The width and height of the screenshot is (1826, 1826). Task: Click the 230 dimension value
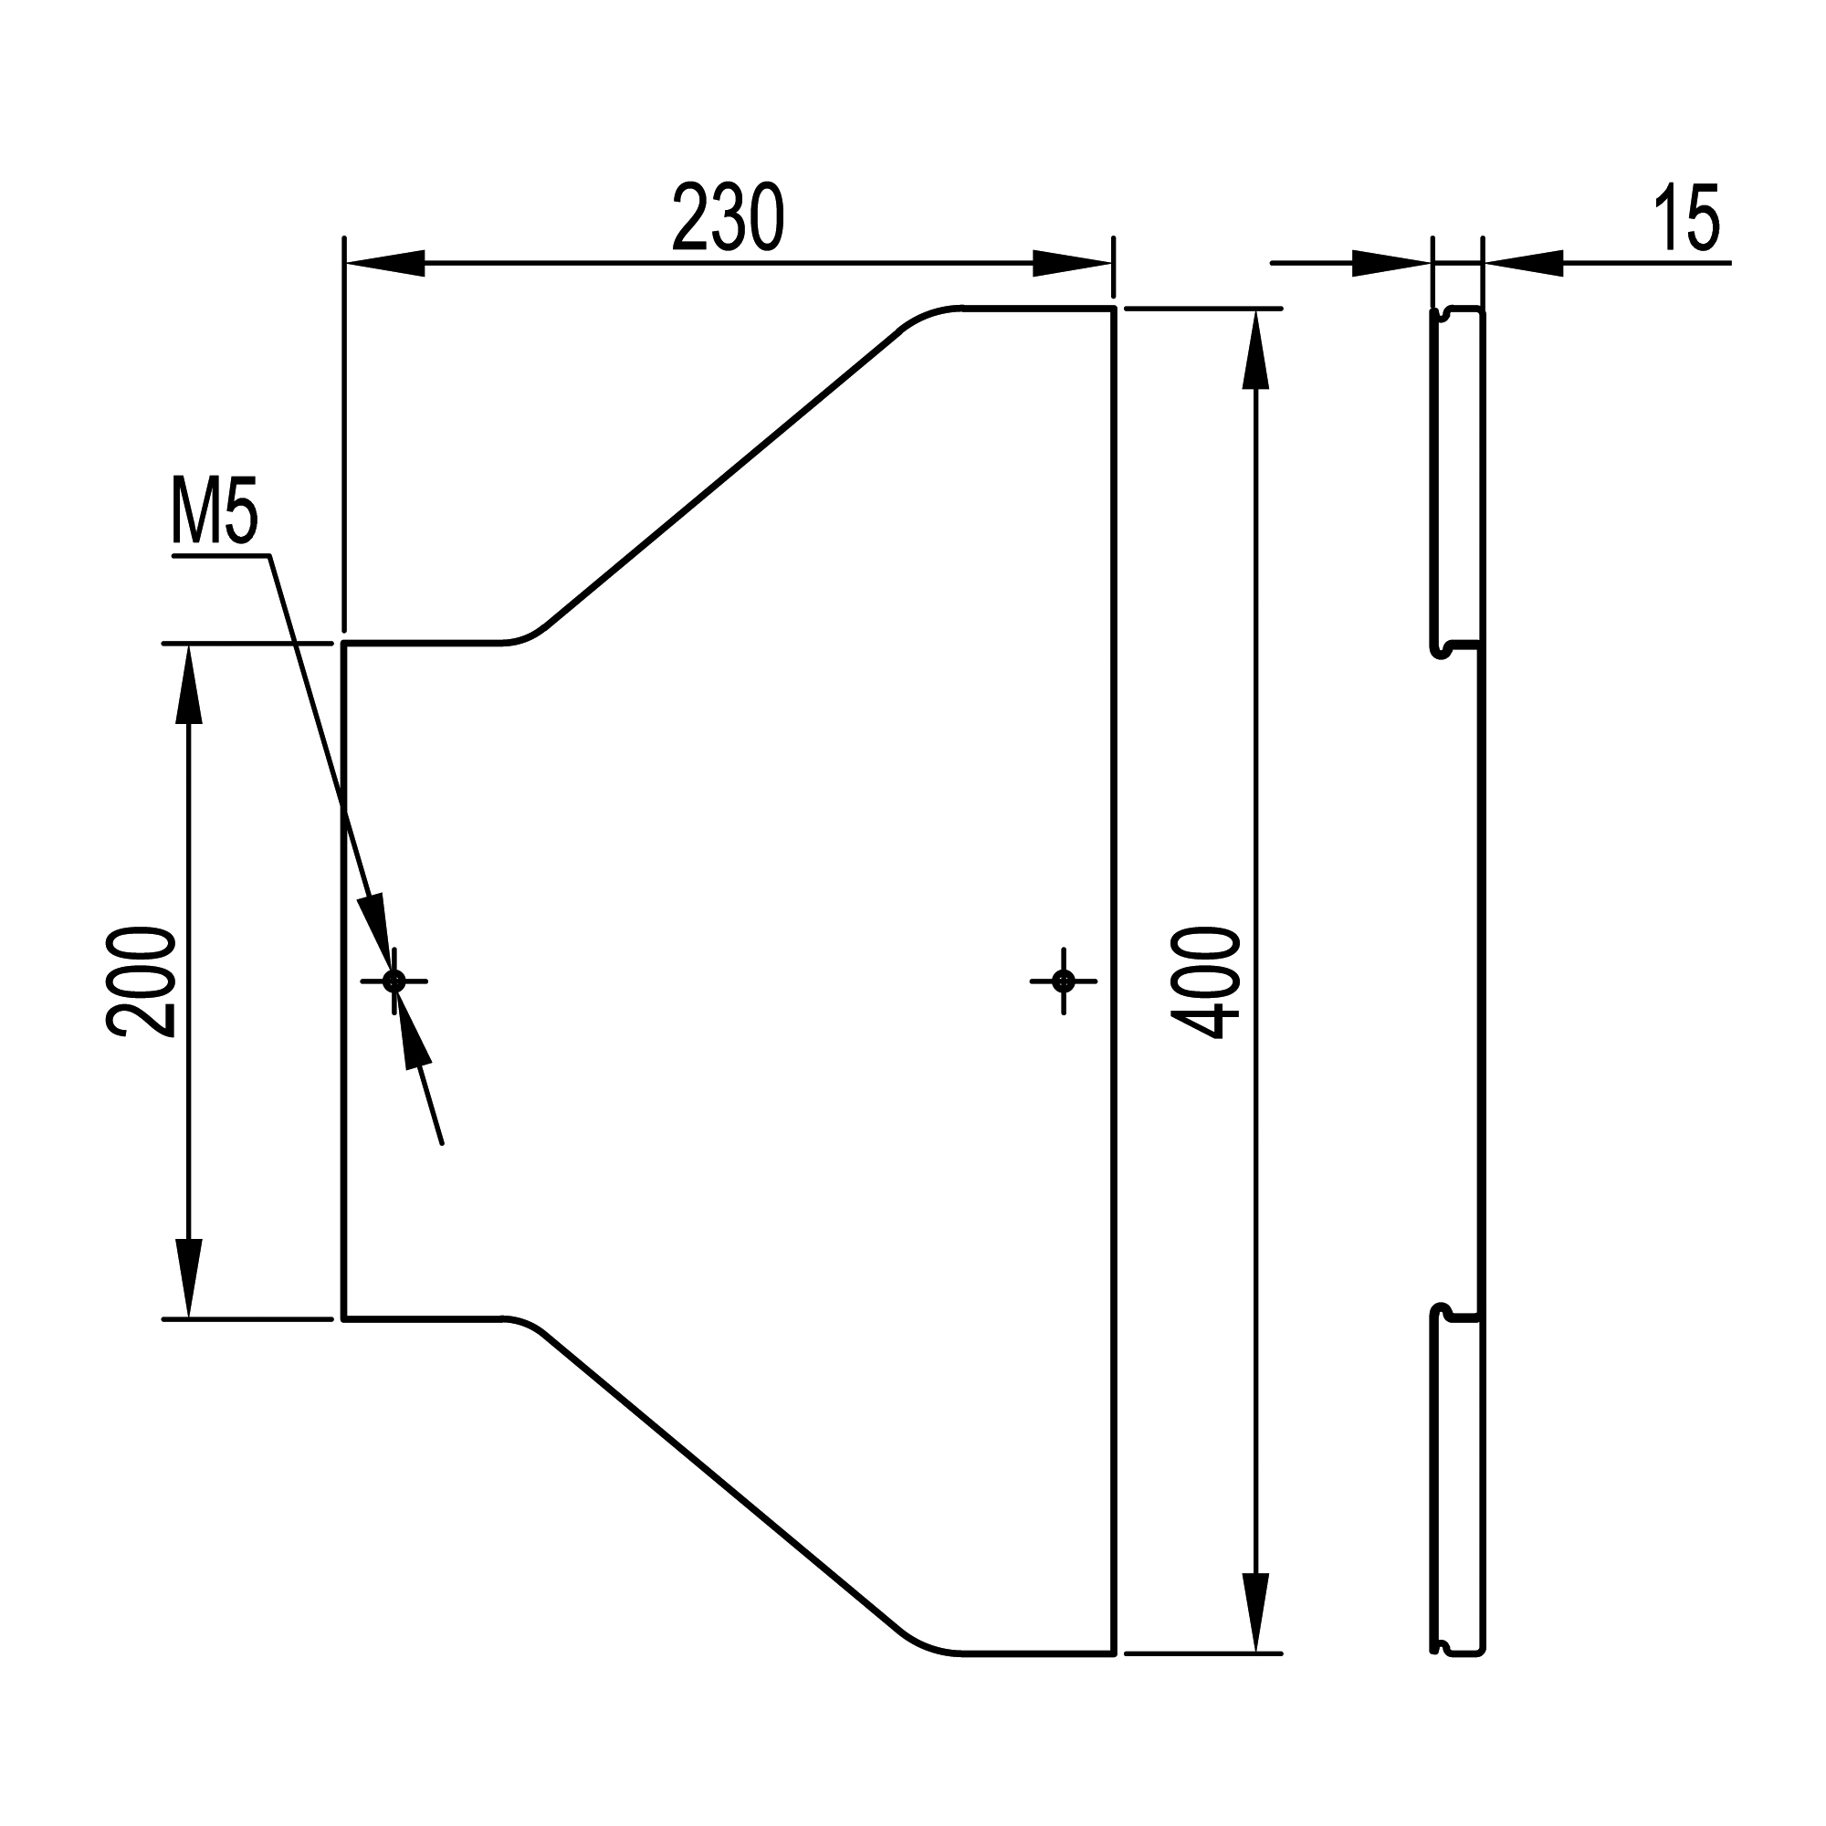tap(728, 218)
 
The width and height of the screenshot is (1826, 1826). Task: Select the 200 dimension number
tap(142, 983)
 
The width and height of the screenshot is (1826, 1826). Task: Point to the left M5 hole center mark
tap(394, 981)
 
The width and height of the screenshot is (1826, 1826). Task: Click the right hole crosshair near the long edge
tap(1064, 981)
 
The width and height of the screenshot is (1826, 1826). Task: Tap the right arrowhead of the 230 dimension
tap(1073, 264)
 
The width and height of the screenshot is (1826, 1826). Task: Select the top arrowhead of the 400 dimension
tap(1254, 350)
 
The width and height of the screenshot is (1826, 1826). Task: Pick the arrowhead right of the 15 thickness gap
tap(1524, 264)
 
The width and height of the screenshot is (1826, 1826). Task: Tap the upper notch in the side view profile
tap(1446, 647)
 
